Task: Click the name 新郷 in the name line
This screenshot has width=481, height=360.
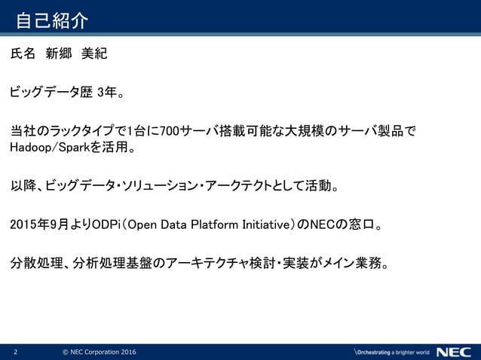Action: tap(61, 55)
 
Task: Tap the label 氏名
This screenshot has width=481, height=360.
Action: tap(23, 55)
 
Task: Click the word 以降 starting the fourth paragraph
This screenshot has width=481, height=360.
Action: tap(23, 185)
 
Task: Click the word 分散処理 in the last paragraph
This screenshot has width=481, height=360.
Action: tap(35, 264)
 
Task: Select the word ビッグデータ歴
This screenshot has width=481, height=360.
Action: tap(51, 93)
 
